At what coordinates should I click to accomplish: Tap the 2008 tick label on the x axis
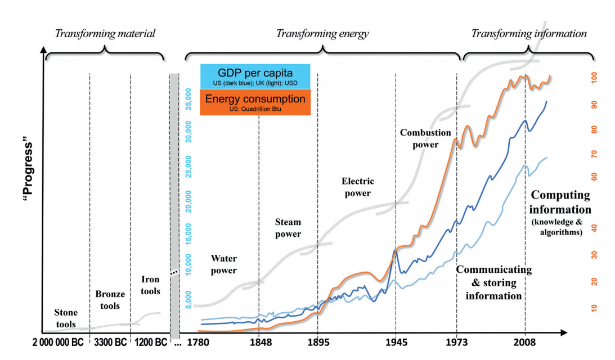(525, 342)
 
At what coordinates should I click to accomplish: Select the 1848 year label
(258, 342)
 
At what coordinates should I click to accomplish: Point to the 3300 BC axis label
(110, 342)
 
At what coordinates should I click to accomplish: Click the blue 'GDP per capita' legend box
(255, 76)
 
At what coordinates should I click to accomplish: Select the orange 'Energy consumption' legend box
(255, 102)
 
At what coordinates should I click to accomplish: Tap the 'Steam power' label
(288, 228)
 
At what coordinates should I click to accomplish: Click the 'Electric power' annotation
(358, 187)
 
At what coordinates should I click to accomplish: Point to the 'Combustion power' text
(425, 138)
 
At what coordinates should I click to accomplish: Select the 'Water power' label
(223, 264)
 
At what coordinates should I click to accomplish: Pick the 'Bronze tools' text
(107, 300)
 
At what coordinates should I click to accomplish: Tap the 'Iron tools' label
(150, 285)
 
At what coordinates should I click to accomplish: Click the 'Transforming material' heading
(105, 34)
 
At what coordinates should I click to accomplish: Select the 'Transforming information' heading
(529, 34)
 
